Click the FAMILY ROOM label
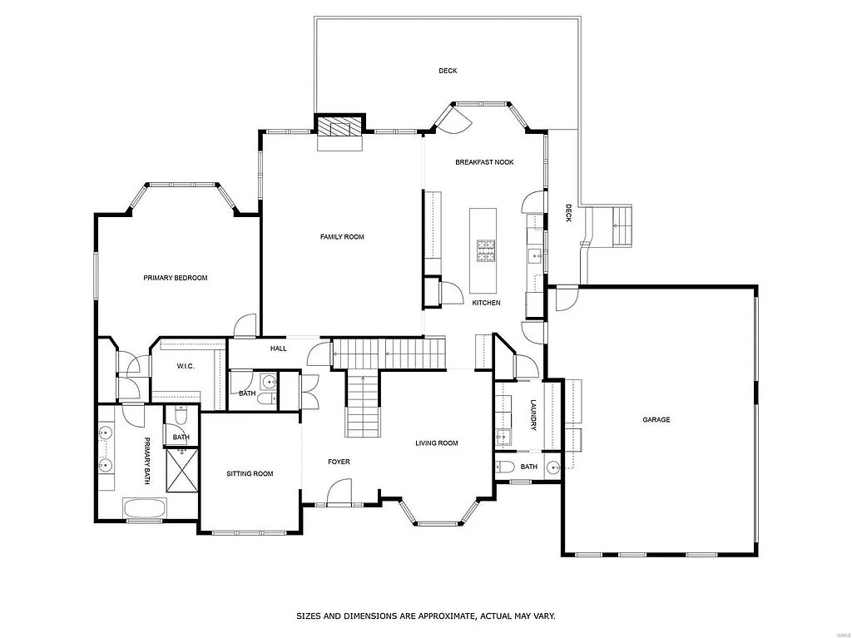(342, 237)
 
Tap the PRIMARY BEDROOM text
(175, 278)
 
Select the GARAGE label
(656, 420)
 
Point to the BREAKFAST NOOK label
(484, 162)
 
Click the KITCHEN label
(486, 303)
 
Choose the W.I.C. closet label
(185, 367)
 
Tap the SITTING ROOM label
(250, 474)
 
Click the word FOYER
(339, 462)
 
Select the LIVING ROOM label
(437, 443)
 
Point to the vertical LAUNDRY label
(533, 415)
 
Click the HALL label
(278, 349)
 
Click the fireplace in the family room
(339, 126)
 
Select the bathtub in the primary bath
(145, 508)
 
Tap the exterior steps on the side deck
(622, 225)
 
